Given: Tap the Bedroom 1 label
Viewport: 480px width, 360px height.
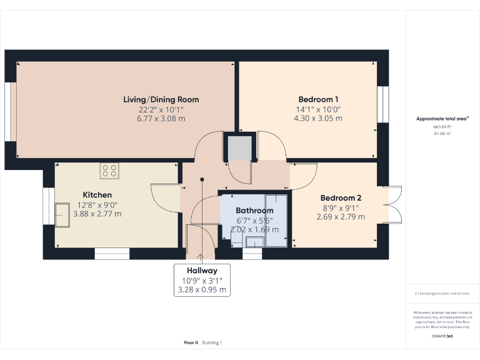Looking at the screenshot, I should (x=318, y=99).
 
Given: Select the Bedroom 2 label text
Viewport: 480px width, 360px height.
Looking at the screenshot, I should (x=341, y=197).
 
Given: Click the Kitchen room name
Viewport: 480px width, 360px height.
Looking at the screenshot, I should (x=97, y=195).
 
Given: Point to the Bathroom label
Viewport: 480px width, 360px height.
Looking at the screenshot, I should (x=254, y=211).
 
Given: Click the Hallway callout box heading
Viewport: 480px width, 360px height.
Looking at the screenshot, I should (x=201, y=271).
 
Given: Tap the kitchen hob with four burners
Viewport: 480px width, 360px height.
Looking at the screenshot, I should (x=109, y=171).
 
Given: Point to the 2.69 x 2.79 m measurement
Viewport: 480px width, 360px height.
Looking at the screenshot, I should (x=341, y=217).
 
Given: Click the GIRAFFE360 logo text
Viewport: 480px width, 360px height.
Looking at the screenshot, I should (x=442, y=336).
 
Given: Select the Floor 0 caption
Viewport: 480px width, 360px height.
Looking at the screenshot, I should (x=191, y=342).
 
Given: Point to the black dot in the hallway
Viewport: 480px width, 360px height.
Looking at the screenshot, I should (x=202, y=180).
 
